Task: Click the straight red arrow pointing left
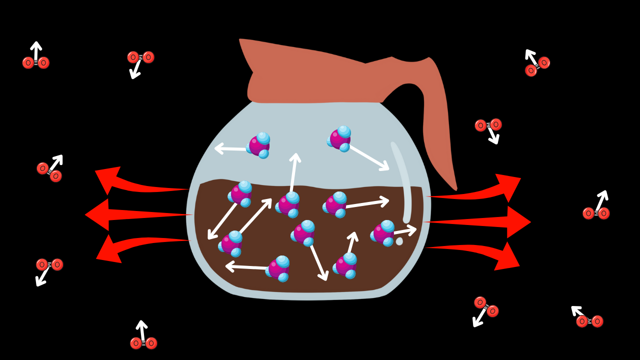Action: pos(130,214)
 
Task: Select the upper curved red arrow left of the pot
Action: pos(135,183)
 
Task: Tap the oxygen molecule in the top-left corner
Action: pos(36,62)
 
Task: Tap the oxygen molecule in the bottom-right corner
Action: pos(589,321)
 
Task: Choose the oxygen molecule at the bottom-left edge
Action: pos(143,343)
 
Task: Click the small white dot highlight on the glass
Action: pos(399,241)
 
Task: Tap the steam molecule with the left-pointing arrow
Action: pos(259,145)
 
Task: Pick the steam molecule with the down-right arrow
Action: pos(340,138)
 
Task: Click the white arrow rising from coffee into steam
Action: pos(293,172)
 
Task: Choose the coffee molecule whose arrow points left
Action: pos(278,269)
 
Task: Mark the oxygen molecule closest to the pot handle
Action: pos(488,125)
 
